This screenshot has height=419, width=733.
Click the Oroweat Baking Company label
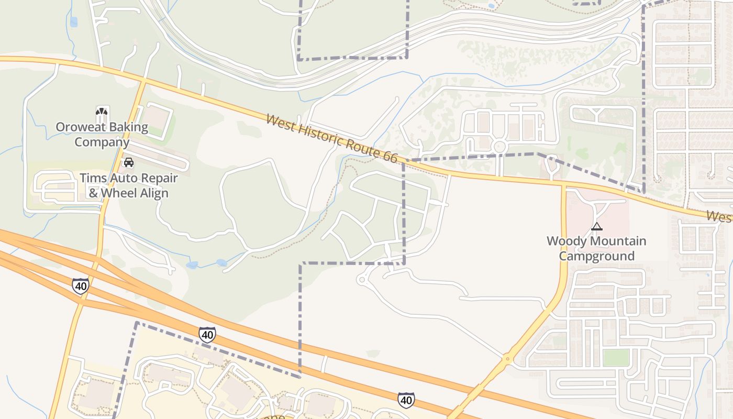pyautogui.click(x=102, y=135)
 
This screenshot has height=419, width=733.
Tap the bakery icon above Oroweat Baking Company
pyautogui.click(x=102, y=112)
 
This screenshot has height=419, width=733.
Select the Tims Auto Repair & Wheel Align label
pyautogui.click(x=128, y=185)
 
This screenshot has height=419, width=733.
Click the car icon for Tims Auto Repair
pyautogui.click(x=128, y=163)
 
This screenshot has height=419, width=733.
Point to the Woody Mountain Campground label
pyautogui.click(x=596, y=248)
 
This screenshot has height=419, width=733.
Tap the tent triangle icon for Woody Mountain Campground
pyautogui.click(x=596, y=227)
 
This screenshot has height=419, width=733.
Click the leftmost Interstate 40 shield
pyautogui.click(x=81, y=286)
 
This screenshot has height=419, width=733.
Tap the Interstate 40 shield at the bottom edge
pyautogui.click(x=406, y=400)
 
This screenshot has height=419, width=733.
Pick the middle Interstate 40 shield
pyautogui.click(x=207, y=334)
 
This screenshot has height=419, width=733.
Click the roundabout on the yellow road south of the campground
pyautogui.click(x=507, y=359)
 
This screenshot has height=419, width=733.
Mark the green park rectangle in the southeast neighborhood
pyautogui.click(x=616, y=358)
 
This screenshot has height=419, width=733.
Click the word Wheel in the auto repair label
pyautogui.click(x=121, y=193)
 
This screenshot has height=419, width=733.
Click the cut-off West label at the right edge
pyautogui.click(x=719, y=216)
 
